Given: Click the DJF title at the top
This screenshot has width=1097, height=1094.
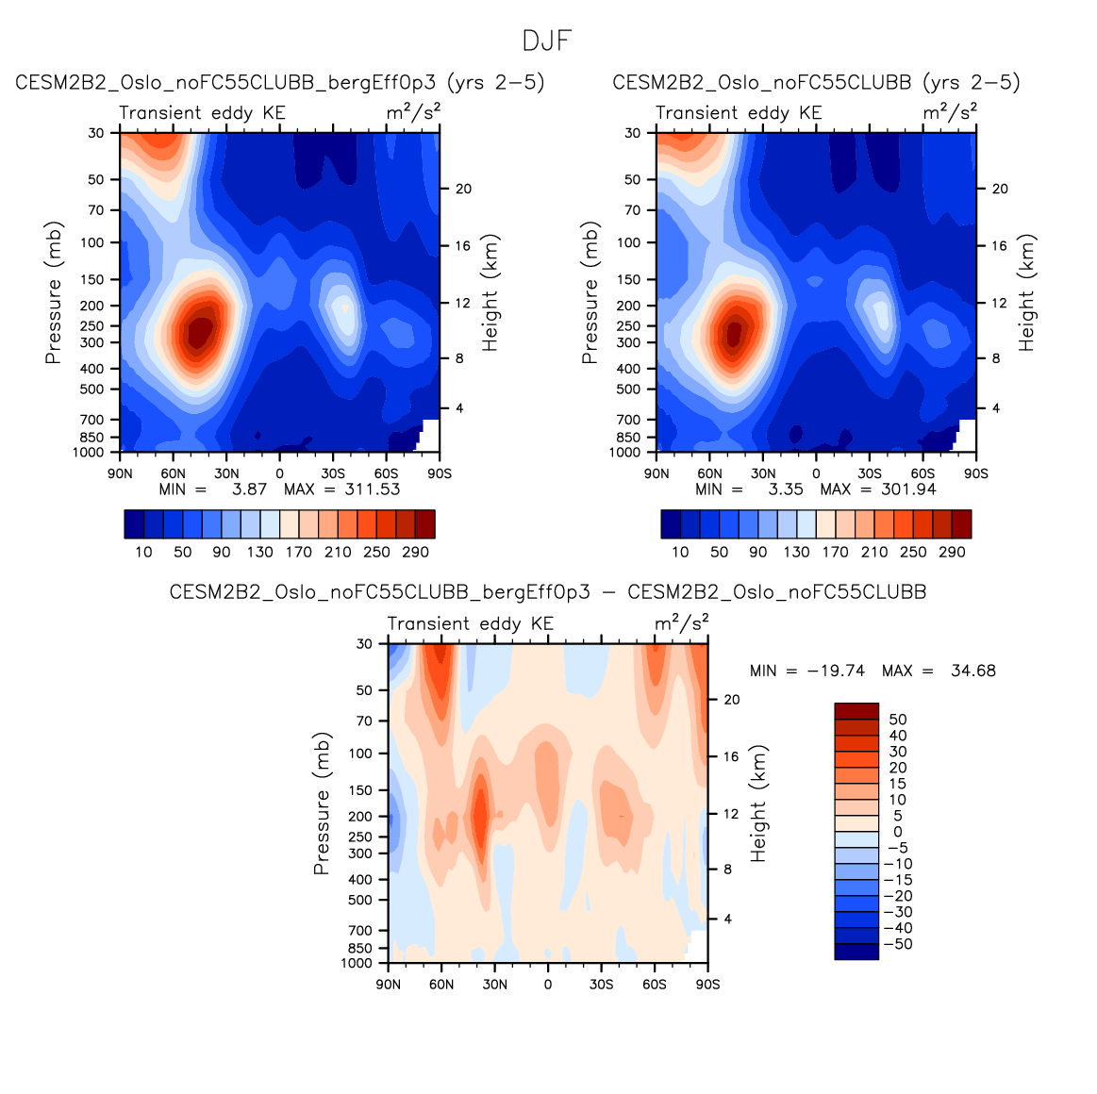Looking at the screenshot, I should click(x=547, y=41).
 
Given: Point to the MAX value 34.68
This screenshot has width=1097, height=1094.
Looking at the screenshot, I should click(x=973, y=671).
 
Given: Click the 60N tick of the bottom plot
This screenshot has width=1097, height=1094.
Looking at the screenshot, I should click(x=441, y=985).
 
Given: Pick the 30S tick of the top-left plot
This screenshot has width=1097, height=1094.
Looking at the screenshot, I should click(x=333, y=473).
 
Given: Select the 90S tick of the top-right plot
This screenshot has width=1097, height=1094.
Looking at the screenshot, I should click(x=976, y=473).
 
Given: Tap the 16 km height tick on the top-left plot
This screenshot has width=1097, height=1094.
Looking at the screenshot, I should click(x=463, y=246).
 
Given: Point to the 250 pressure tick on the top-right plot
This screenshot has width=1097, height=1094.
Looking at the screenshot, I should click(x=629, y=326).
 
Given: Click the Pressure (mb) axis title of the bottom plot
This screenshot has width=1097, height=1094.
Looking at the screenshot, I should click(x=322, y=804).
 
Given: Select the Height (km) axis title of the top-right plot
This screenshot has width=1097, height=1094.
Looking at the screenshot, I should click(x=1027, y=292).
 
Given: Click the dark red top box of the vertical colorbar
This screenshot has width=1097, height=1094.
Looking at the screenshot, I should click(x=856, y=710).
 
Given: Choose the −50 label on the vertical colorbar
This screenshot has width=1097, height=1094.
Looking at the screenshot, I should click(x=901, y=944).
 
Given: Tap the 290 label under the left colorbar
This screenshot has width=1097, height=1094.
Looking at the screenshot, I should click(x=415, y=553).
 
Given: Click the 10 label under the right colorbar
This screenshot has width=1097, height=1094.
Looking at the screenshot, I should click(x=680, y=553).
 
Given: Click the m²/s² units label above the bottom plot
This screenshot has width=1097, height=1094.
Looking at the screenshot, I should click(x=681, y=622).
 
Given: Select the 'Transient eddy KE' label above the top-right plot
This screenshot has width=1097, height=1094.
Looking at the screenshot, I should click(x=739, y=113).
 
